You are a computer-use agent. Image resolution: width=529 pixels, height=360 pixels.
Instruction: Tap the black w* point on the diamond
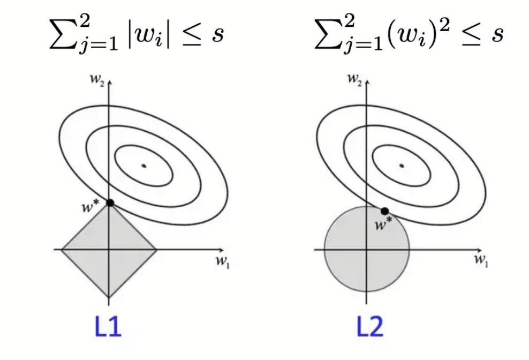pos(110,202)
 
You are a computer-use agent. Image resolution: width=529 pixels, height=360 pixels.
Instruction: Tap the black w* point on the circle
pos(384,211)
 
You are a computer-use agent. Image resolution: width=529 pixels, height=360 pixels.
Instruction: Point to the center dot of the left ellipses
pos(143,166)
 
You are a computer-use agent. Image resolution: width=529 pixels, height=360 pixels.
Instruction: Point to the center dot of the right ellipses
pos(401,166)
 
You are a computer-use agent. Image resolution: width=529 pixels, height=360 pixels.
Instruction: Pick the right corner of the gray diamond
pos(156,250)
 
